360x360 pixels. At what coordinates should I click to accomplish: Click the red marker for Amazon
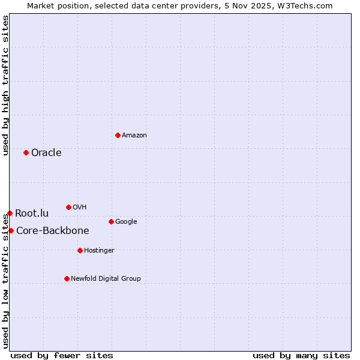pos(118,135)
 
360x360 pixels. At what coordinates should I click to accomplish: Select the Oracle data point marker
pos(26,152)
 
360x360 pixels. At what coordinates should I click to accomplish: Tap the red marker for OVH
pos(68,207)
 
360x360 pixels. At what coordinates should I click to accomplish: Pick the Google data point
pos(111,221)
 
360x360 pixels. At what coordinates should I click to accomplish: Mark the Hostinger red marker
pos(80,250)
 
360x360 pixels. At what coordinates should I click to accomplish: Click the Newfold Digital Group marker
pos(67,278)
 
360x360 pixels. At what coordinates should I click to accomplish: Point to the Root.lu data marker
pos(10,213)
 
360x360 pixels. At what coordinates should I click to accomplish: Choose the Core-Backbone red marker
pos(11,230)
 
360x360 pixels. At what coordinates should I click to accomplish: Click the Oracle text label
pos(46,152)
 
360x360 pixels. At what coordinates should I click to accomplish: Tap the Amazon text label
pos(134,135)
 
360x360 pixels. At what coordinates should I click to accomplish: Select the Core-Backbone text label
pos(52,230)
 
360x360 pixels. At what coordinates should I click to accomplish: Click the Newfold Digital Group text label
pos(106,278)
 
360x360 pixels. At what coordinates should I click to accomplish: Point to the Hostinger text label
pos(99,250)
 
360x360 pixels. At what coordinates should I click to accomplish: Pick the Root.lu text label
pos(32,213)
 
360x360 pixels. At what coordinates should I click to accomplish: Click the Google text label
pos(126,221)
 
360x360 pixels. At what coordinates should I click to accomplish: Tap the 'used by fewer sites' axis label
pos(62,355)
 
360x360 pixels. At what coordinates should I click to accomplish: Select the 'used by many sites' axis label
pos(301,355)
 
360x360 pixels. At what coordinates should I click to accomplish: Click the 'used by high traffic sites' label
pos(5,85)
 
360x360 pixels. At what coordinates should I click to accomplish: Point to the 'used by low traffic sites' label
pos(5,275)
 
